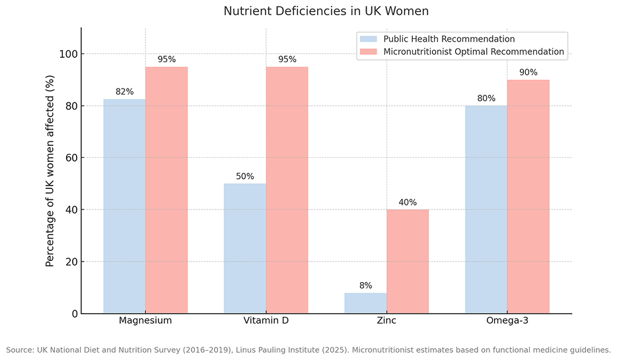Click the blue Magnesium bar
124,206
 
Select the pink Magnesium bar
166,190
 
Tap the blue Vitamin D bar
245,248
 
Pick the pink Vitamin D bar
287,190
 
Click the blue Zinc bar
365,303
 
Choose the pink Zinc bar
408,262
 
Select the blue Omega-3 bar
486,209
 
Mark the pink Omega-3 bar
528,197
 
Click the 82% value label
124,92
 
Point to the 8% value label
365,285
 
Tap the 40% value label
408,202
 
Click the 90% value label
528,73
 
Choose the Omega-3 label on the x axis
507,321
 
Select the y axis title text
50,171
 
